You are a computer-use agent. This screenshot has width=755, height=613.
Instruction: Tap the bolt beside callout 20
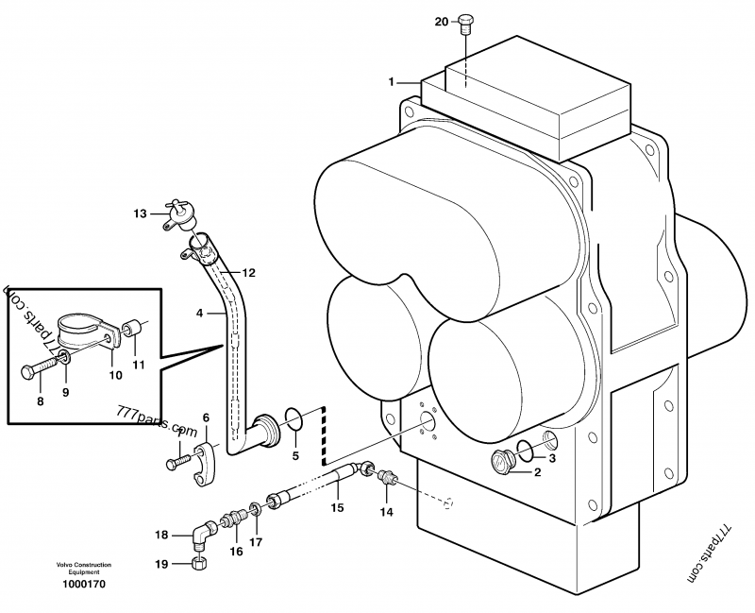coord(465,23)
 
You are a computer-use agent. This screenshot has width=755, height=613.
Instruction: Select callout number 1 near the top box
coord(390,83)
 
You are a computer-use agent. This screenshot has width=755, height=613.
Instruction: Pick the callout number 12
coord(250,273)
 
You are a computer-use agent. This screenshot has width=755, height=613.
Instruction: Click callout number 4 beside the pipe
coord(200,313)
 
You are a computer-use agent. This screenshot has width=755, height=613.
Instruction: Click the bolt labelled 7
coord(174,463)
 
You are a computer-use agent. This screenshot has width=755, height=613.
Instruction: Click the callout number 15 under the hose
coord(336,509)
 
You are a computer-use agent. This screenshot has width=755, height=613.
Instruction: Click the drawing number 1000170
coord(84,585)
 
